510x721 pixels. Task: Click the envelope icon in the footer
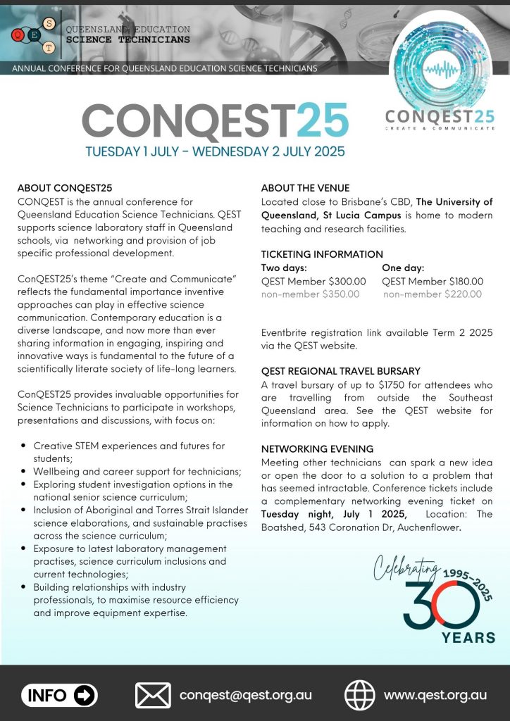153,695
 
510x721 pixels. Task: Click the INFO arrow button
59,696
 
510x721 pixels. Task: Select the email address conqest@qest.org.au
245,695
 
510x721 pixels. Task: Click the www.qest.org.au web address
435,695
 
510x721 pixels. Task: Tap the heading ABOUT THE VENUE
305,188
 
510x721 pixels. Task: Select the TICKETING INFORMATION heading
322,254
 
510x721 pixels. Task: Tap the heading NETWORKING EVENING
317,449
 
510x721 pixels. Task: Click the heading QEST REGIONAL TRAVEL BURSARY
340,371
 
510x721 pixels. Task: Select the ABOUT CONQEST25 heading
65,188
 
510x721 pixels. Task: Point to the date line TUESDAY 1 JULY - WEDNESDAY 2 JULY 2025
215,151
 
